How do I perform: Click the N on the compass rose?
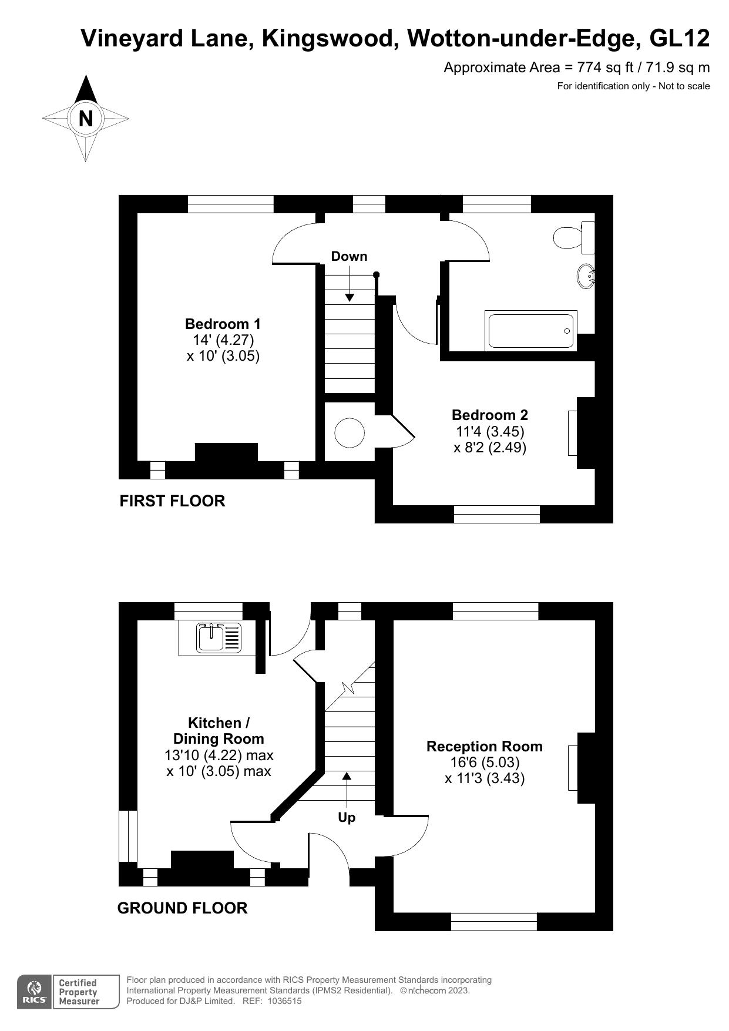point(86,119)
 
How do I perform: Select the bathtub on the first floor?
point(531,331)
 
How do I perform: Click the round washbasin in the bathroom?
point(586,276)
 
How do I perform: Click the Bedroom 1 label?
point(223,324)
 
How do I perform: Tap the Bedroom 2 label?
point(489,415)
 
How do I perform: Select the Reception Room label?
point(484,746)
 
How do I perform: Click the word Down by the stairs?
point(349,256)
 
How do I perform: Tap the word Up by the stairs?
point(347,817)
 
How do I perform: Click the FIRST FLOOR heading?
point(172,501)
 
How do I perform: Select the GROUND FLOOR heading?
point(182,908)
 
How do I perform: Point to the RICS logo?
point(35,993)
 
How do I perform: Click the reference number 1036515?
point(284,1001)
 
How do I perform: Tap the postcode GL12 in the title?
point(680,39)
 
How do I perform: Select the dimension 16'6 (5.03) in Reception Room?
point(484,763)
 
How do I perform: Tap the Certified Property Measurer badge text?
point(79,992)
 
